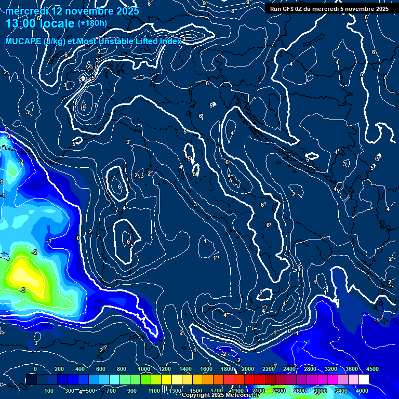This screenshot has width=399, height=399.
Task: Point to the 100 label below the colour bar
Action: pyautogui.click(x=49, y=391)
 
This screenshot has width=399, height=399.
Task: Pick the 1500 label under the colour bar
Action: pyautogui.click(x=196, y=391)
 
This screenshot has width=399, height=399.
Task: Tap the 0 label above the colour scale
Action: pyautogui.click(x=35, y=369)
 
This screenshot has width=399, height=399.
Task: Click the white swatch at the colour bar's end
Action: pyautogui.click(x=378, y=380)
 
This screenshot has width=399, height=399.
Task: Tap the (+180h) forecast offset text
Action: pyautogui.click(x=92, y=23)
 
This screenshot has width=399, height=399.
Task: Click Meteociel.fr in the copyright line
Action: pyautogui.click(x=242, y=395)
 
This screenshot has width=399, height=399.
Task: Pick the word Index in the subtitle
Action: pyautogui.click(x=171, y=41)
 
